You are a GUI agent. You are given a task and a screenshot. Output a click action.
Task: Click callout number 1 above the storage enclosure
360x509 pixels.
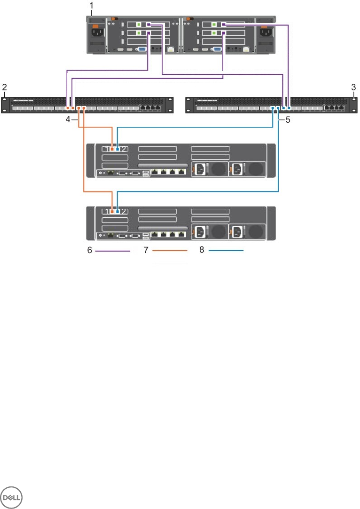91,6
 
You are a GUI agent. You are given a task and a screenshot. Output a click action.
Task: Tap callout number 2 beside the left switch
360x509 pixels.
4,87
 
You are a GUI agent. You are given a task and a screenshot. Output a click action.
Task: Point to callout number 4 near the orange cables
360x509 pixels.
68,120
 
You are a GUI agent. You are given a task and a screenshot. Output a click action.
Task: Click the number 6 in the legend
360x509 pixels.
89,251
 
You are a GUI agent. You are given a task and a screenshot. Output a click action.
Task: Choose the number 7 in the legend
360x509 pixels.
146,251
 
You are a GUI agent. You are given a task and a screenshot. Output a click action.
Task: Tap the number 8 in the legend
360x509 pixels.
202,251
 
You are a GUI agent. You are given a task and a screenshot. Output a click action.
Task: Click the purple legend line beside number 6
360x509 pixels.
112,251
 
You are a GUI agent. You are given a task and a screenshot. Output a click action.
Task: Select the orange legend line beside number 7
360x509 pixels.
169,251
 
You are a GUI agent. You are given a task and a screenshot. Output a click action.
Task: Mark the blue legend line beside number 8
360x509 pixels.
226,251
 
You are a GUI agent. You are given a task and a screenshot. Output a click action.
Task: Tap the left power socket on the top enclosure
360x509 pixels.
97,33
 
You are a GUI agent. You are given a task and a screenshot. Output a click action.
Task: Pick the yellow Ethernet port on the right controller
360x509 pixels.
247,49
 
